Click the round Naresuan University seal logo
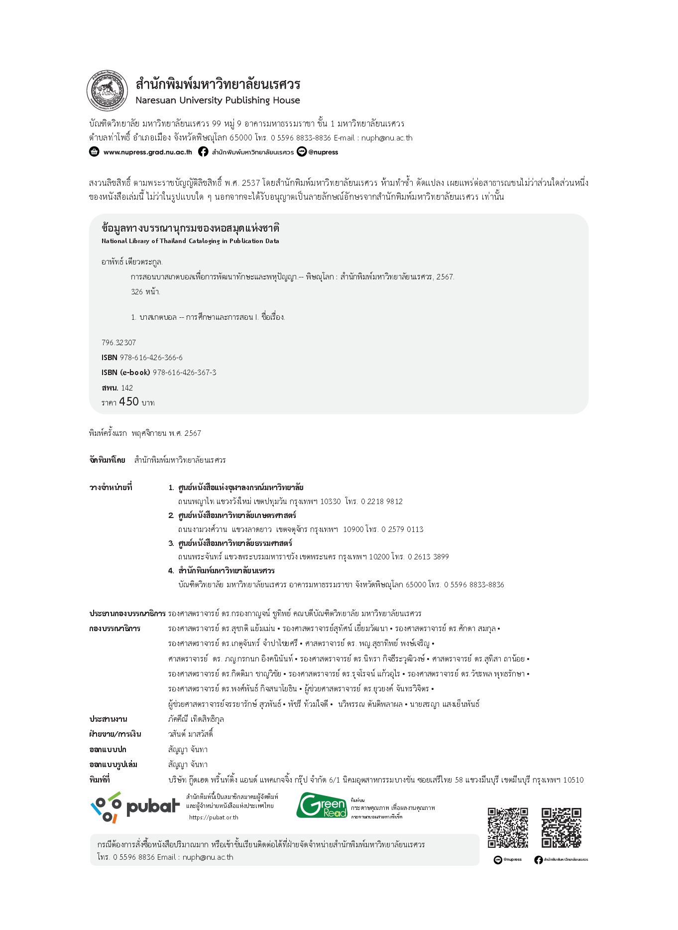click(107, 91)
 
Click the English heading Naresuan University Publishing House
click(218, 100)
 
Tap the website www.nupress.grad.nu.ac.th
click(147, 152)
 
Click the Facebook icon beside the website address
click(203, 152)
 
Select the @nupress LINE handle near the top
click(323, 152)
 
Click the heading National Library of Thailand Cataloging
click(190, 241)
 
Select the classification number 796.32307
click(118, 343)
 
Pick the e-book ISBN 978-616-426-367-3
click(184, 373)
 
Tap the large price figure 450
click(129, 401)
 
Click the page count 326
click(137, 292)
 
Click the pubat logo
click(134, 806)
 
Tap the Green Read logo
click(322, 805)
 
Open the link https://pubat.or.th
click(214, 817)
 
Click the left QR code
click(508, 827)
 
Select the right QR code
click(561, 827)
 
